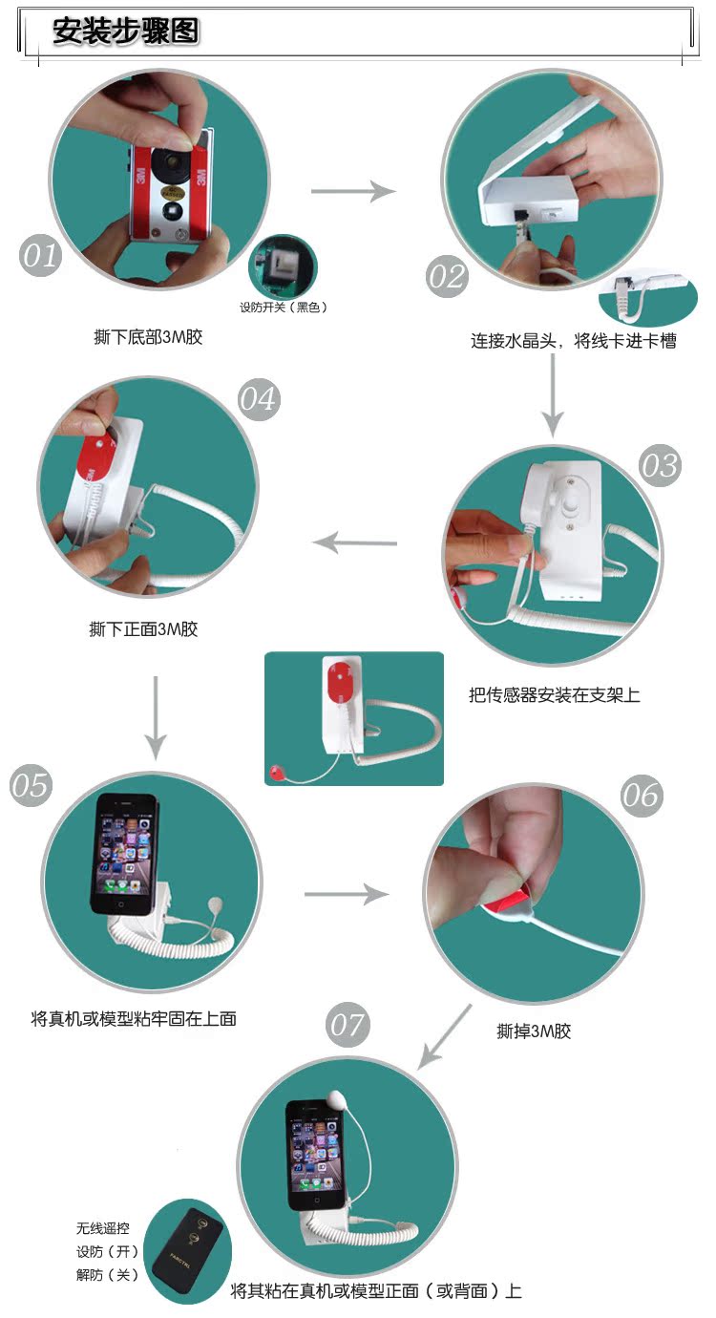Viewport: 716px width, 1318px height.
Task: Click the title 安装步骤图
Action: point(126,31)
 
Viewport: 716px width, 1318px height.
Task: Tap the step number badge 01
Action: point(40,256)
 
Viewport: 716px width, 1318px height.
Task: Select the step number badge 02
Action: point(447,277)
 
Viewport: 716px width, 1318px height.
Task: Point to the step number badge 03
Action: point(660,465)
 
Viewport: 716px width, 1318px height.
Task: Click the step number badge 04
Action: point(259,399)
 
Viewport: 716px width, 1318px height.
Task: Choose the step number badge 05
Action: point(32,785)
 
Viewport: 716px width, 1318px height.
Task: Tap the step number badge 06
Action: point(642,796)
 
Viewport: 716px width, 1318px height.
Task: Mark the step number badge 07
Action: point(347,1025)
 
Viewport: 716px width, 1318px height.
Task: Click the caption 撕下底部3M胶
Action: point(148,337)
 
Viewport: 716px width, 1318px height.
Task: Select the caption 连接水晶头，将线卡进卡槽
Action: point(574,341)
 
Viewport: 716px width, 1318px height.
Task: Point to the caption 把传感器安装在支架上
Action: point(555,695)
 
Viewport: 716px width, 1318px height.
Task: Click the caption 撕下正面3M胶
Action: point(143,629)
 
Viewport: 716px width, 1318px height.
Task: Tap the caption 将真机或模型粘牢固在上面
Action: point(134,1018)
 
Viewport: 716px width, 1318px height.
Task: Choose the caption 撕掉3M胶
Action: point(535,1031)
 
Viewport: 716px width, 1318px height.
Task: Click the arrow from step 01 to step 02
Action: point(353,191)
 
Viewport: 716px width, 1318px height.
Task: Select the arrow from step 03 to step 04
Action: point(355,542)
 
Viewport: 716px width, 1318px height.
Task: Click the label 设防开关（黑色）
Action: point(283,308)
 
